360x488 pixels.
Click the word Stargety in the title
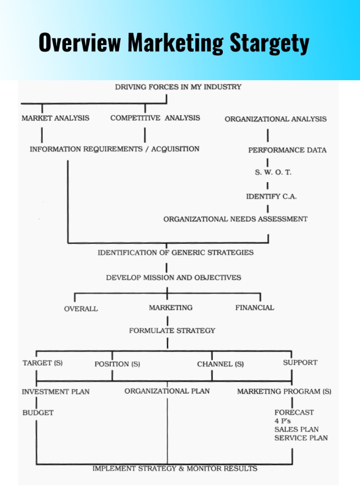pos(269,43)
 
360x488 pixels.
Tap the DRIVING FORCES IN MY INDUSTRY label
pos(178,87)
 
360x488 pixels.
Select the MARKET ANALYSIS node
pos(55,118)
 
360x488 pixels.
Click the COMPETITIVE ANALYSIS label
pos(155,118)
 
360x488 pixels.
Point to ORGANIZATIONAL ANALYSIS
pos(275,119)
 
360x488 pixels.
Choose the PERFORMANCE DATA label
pos(287,150)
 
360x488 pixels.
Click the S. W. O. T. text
pos(273,172)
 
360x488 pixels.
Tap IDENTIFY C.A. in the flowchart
pos(271,197)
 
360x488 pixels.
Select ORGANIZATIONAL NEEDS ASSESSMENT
pos(235,219)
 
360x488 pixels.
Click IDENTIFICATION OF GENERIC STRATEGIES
pos(176,253)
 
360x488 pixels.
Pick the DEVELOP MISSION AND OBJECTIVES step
pos(173,278)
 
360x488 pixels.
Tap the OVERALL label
pos(81,308)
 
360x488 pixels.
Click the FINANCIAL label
pos(255,308)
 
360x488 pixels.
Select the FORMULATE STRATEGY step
pos(172,330)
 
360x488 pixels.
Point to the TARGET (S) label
pos(43,363)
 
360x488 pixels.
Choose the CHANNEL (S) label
pos(220,364)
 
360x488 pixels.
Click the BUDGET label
pos(38,413)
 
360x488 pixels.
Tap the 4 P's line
pos(283,421)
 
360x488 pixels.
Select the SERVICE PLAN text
pos(301,438)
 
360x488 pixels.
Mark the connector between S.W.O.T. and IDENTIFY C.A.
pos(267,186)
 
